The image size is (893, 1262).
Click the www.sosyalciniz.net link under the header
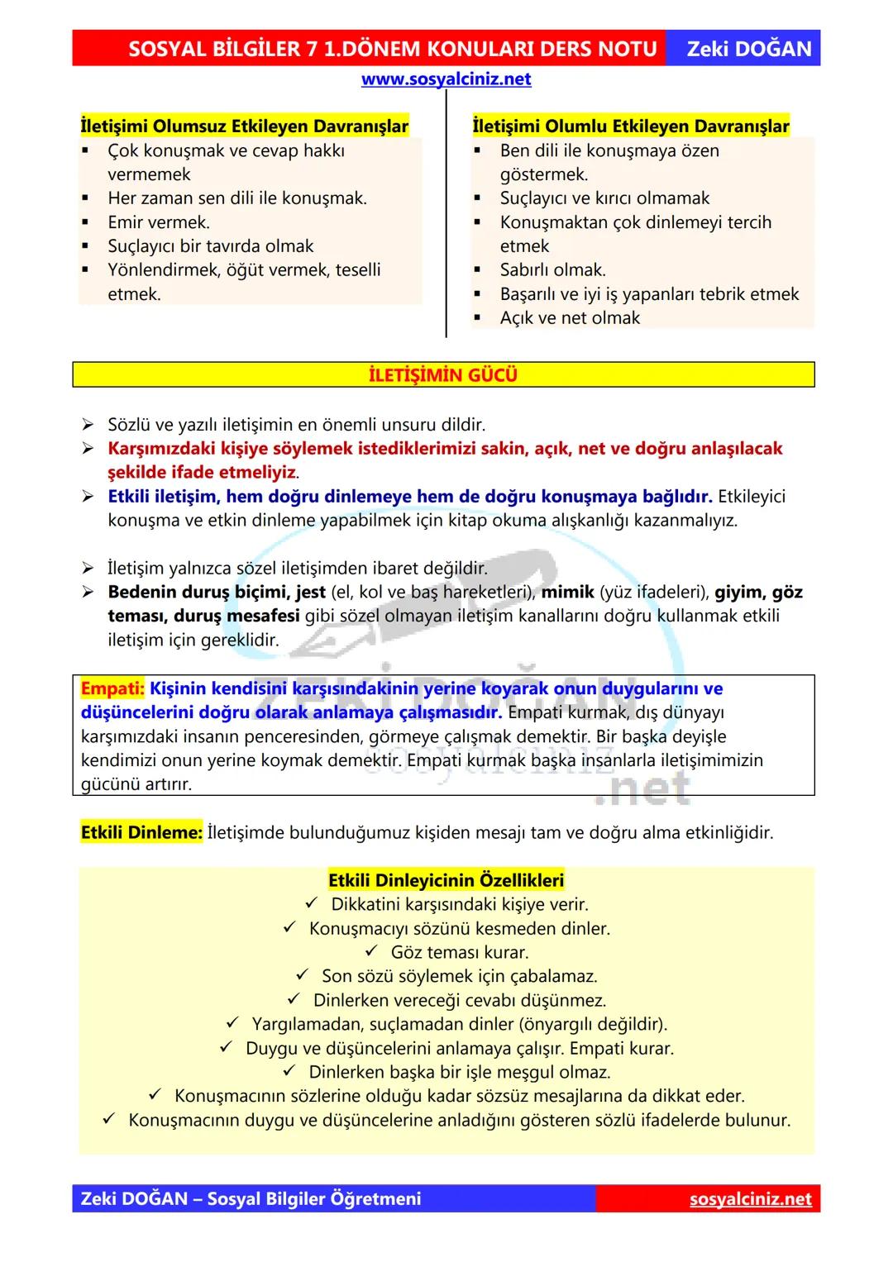pos(446,79)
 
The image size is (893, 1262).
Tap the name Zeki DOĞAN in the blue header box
pos(749,49)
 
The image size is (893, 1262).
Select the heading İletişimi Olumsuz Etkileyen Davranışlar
pos(244,126)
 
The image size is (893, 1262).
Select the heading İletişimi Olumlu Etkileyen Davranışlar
pos(631,126)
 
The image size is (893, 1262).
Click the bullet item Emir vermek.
pos(159,222)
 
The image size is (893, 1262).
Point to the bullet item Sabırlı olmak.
pos(552,270)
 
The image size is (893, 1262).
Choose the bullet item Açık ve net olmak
pos(570,318)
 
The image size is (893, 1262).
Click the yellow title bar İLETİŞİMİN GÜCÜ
pos(443,375)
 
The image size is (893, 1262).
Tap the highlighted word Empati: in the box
pos(112,688)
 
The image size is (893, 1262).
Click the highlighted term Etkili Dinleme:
pos(141,832)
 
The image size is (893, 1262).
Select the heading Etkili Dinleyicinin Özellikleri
pos(446,880)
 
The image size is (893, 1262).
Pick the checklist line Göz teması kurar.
pos(460,952)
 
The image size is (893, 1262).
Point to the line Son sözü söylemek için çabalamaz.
pos(459,976)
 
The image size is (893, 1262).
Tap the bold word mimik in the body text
pos(567,593)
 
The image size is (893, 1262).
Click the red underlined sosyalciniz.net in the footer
pos(750,1199)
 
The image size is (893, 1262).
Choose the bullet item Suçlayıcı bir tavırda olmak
pos(210,246)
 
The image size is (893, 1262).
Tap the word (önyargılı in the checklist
pos(559,1024)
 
